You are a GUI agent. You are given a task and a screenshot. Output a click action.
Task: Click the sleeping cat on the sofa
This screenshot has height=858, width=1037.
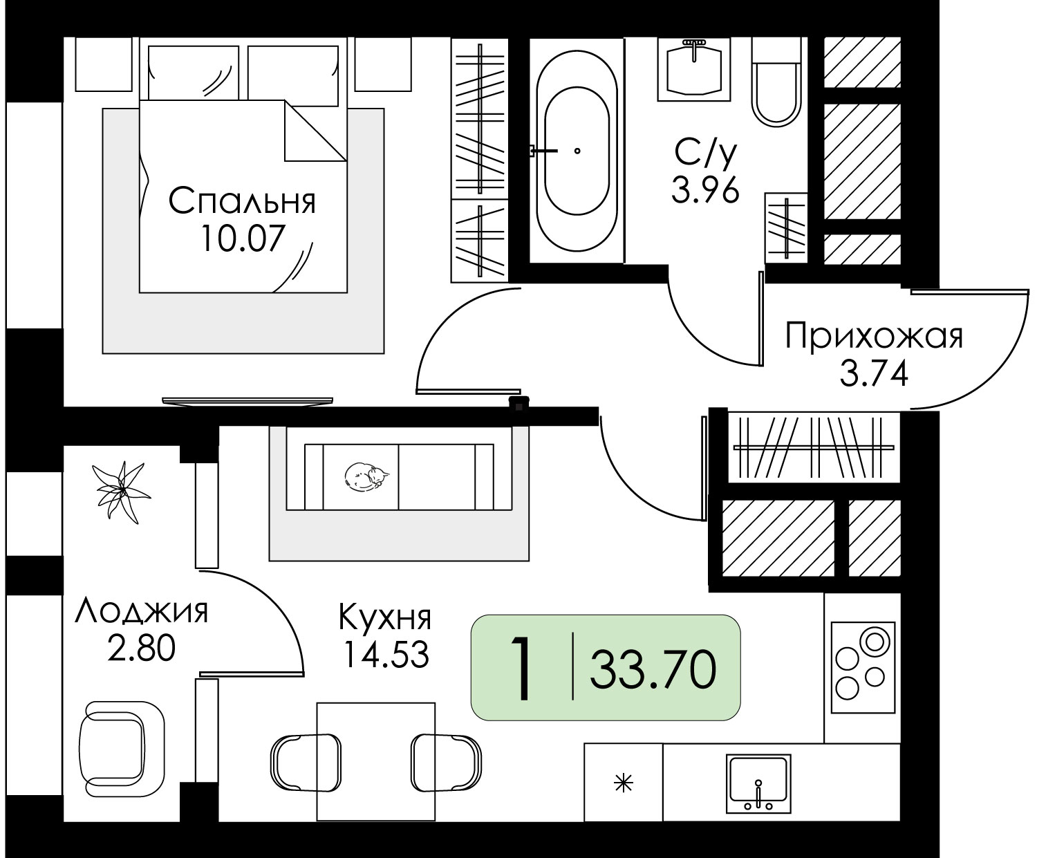(x=367, y=477)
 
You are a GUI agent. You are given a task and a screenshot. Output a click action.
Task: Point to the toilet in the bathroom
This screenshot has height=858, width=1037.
(x=777, y=82)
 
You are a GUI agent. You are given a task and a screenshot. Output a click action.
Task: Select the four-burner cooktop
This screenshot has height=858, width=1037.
(x=863, y=666)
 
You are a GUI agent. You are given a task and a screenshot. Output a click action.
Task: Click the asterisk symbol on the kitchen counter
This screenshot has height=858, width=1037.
(x=624, y=783)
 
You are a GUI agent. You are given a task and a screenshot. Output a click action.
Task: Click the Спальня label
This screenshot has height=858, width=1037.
(x=242, y=201)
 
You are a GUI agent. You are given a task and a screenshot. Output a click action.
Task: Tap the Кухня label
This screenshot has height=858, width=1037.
(x=385, y=617)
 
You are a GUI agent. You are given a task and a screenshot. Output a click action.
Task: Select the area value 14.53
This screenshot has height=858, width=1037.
(x=386, y=654)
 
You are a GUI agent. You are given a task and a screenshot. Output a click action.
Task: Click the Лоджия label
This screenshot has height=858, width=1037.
(x=142, y=611)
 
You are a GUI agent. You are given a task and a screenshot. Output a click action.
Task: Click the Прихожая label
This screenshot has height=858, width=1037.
(x=874, y=336)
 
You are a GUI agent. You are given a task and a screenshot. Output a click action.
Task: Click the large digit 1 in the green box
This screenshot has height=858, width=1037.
(x=521, y=668)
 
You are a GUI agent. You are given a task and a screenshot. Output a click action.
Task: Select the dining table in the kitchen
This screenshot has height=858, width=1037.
(x=376, y=762)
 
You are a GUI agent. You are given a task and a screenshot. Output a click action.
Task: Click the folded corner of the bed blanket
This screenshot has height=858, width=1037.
(x=315, y=131)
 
